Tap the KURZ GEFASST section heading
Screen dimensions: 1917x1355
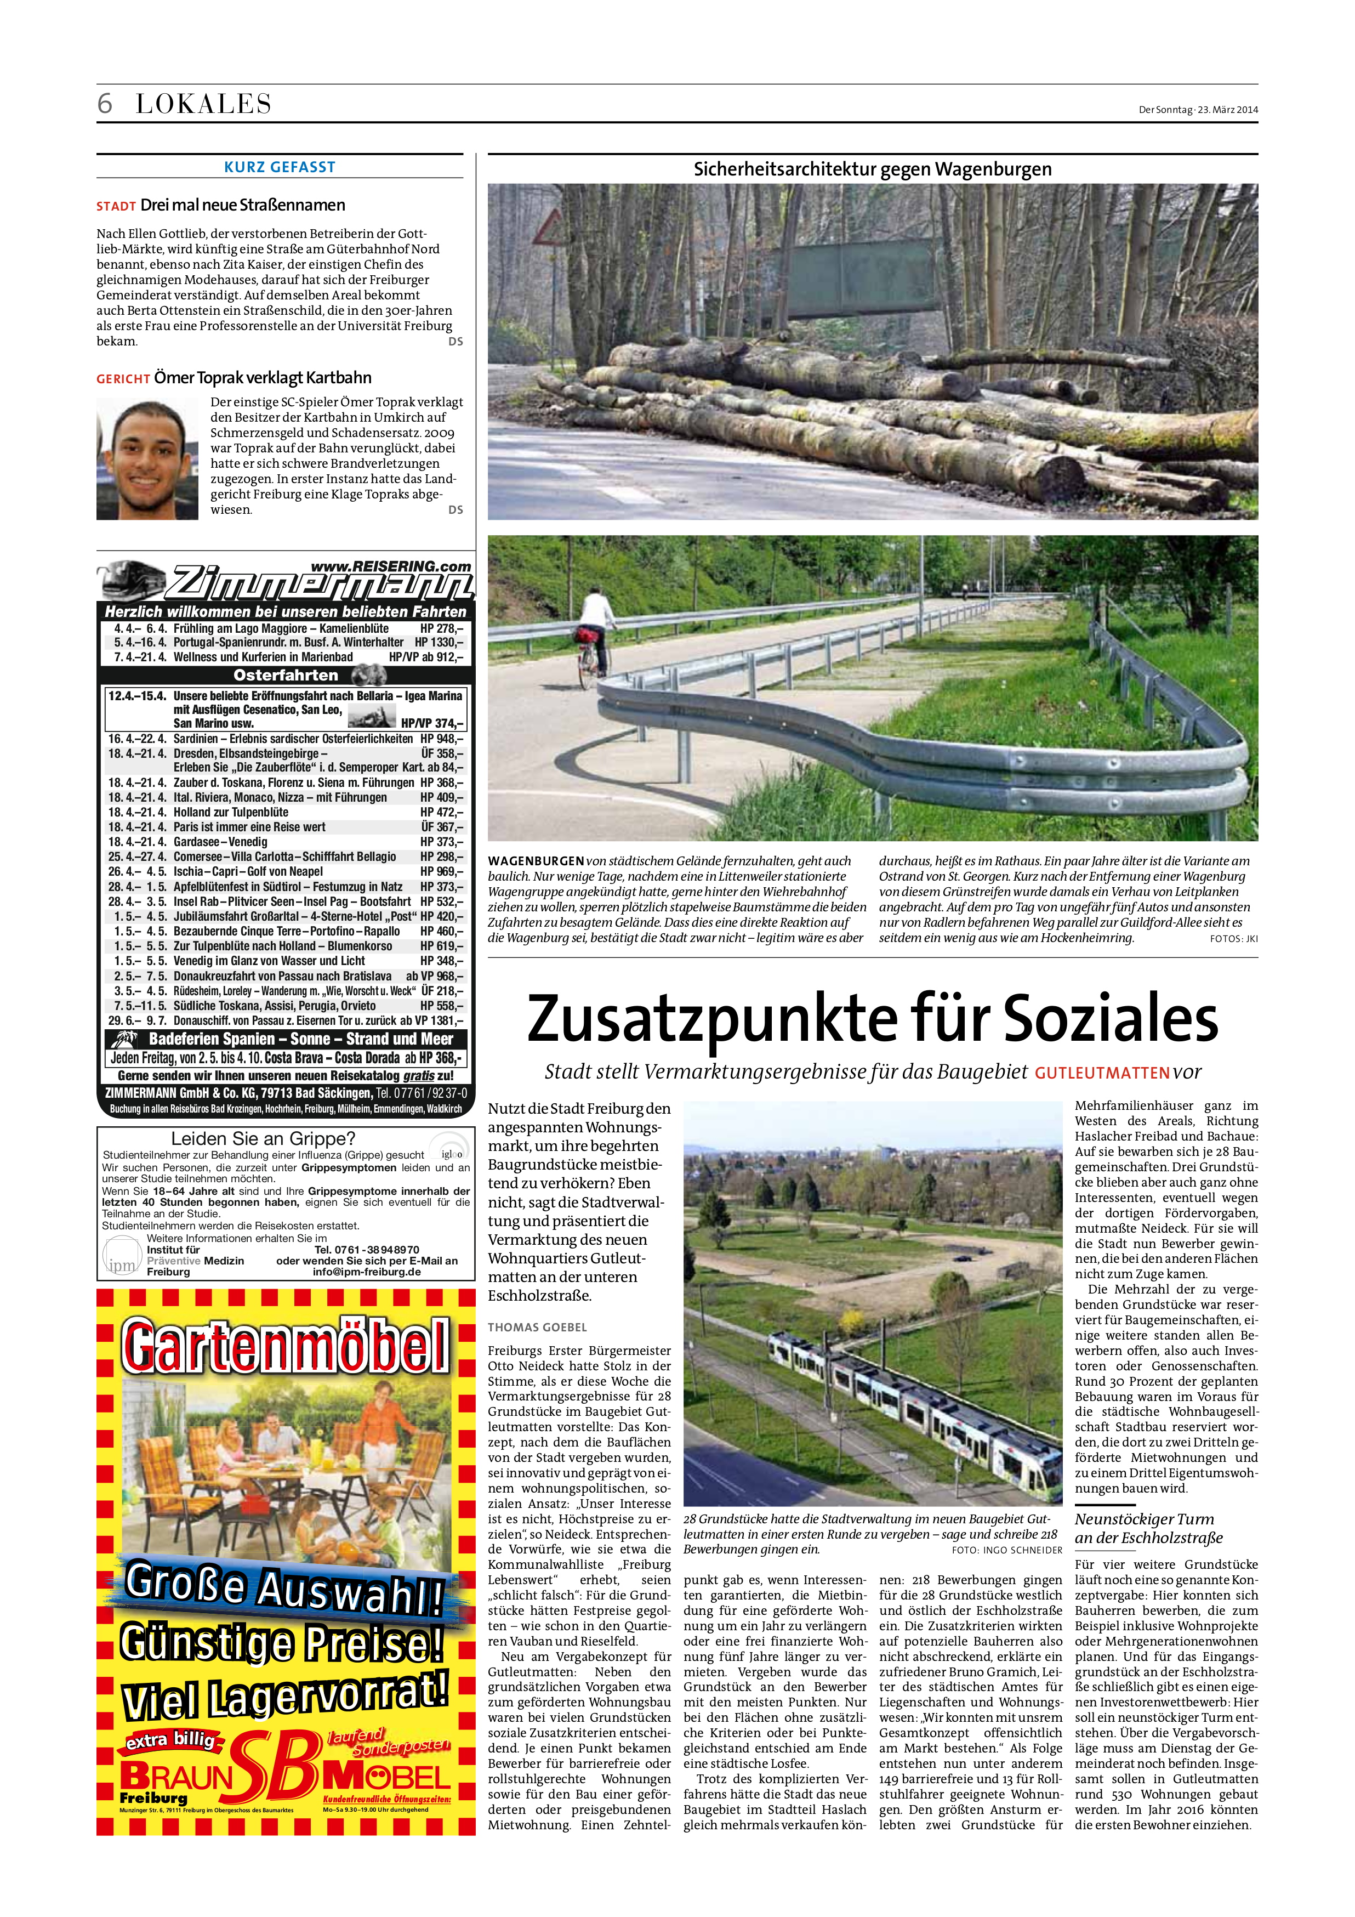[x=280, y=167]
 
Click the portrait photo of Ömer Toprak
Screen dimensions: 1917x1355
[x=147, y=458]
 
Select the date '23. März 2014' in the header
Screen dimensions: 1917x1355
[x=1228, y=109]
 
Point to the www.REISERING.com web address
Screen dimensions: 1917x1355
[x=391, y=567]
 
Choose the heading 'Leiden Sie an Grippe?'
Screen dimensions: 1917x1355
[x=263, y=1139]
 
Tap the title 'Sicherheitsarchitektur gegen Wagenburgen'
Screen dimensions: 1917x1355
[x=873, y=169]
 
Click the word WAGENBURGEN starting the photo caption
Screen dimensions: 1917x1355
[x=536, y=861]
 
